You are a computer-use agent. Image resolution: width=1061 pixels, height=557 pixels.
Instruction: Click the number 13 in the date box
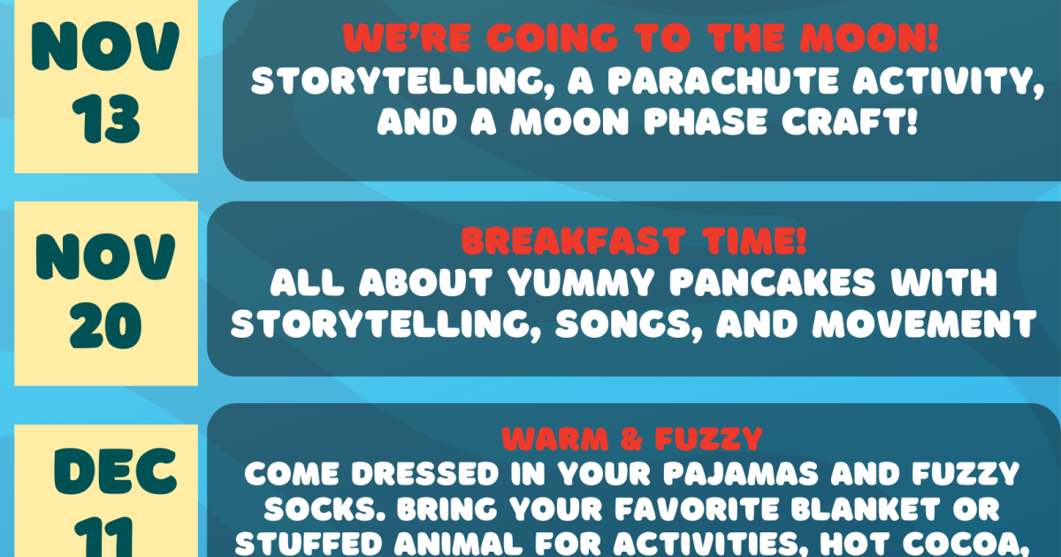pyautogui.click(x=106, y=118)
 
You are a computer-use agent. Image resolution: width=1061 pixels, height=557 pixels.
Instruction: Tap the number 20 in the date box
pyautogui.click(x=105, y=326)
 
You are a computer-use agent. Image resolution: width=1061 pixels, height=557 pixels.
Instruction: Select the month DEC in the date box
pyautogui.click(x=116, y=472)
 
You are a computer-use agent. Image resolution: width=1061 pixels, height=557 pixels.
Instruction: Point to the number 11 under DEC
pyautogui.click(x=103, y=538)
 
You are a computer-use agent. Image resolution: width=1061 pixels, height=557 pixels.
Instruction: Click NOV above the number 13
pyautogui.click(x=105, y=46)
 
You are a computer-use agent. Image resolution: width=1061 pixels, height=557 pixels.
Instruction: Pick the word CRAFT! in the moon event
pyautogui.click(x=850, y=121)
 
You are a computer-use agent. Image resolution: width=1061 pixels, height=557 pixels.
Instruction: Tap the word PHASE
pyautogui.click(x=706, y=121)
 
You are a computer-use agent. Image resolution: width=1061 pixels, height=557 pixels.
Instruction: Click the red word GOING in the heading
pyautogui.click(x=553, y=37)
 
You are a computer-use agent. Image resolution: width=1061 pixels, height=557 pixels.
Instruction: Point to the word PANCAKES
pyautogui.click(x=773, y=282)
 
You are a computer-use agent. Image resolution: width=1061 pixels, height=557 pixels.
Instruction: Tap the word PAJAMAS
pyautogui.click(x=741, y=473)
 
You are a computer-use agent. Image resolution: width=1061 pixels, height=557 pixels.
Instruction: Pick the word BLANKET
pyautogui.click(x=865, y=508)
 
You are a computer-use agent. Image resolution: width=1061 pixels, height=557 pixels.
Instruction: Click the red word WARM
pyautogui.click(x=555, y=439)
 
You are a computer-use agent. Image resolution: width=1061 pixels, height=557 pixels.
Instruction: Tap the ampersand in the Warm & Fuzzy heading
pyautogui.click(x=631, y=439)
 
